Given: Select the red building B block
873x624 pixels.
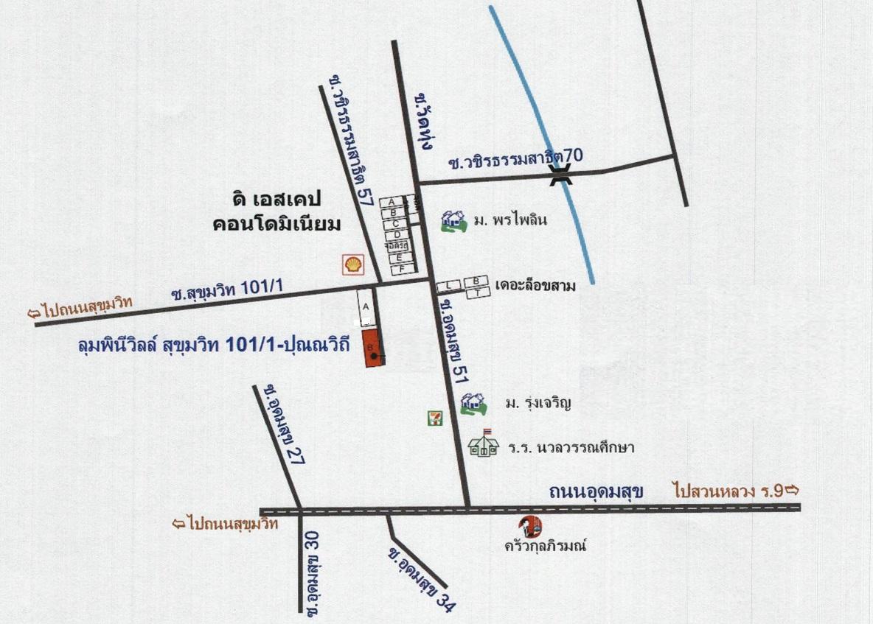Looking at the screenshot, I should [x=372, y=348].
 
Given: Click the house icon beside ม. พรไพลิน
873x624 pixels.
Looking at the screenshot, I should [x=453, y=220].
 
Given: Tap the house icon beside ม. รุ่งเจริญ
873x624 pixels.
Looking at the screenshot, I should [x=473, y=404].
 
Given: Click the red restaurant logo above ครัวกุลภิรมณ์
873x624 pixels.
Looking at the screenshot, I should [x=530, y=527].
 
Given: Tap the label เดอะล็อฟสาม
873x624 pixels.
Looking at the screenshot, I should [x=535, y=285].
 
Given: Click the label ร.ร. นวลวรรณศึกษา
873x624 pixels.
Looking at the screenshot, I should [x=571, y=447].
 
